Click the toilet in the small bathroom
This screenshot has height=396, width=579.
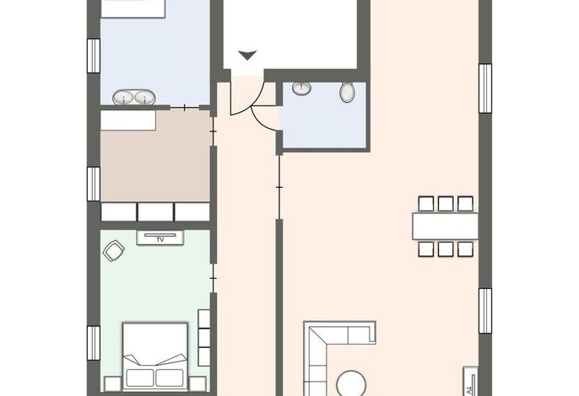pyautogui.click(x=347, y=92)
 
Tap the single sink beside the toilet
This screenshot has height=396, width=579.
pyautogui.click(x=301, y=88)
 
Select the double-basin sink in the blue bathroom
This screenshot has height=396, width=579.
pyautogui.click(x=133, y=98)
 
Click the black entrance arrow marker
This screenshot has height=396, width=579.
pyautogui.click(x=247, y=56)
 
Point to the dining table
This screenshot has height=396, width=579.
pyautogui.click(x=445, y=226)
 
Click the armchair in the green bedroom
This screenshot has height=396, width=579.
pyautogui.click(x=113, y=251)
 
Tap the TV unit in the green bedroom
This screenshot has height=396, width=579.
pyautogui.click(x=160, y=238)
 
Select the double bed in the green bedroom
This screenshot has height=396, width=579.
pyautogui.click(x=155, y=356)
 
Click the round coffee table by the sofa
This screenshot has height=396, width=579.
pyautogui.click(x=351, y=384)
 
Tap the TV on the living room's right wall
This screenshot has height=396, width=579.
pyautogui.click(x=470, y=382)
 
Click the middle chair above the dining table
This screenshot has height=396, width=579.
pyautogui.click(x=446, y=204)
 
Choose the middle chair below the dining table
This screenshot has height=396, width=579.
pyautogui.click(x=446, y=249)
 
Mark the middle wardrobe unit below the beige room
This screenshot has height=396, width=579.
pyautogui.click(x=155, y=212)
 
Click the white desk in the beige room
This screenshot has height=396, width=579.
pyautogui.click(x=128, y=120)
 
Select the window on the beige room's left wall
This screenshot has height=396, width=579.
pyautogui.click(x=94, y=184)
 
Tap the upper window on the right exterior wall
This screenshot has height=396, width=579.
pyautogui.click(x=485, y=88)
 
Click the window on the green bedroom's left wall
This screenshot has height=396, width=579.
pyautogui.click(x=94, y=343)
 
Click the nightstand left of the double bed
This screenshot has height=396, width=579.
pyautogui.click(x=112, y=384)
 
